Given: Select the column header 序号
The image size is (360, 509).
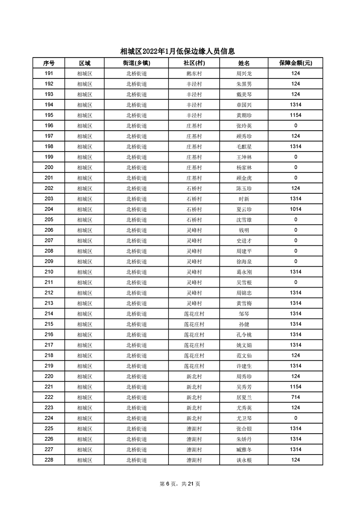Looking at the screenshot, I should (49, 63).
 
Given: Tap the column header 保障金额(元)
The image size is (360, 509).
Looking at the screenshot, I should (295, 63).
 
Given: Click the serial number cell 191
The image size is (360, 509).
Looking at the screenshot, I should (49, 73).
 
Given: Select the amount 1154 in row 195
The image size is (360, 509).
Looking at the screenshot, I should (295, 115).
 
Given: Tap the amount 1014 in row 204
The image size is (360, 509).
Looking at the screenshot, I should (295, 209).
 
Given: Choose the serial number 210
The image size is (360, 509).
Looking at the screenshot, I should (49, 272).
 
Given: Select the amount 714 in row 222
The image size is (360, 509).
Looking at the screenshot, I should (295, 397).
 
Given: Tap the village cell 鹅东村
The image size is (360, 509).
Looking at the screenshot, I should (194, 73).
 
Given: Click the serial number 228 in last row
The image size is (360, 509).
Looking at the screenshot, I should (49, 460).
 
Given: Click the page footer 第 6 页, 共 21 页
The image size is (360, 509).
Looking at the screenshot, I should (180, 484).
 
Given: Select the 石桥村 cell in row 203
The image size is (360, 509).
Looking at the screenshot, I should (194, 199).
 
